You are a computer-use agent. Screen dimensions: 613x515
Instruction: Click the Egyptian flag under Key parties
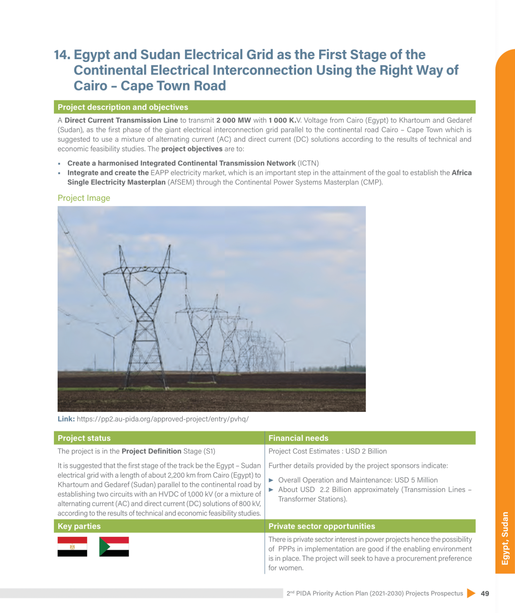[x=72, y=547]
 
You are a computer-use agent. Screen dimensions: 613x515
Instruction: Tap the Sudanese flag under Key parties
[x=114, y=547]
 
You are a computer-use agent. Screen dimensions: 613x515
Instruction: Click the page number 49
[x=485, y=593]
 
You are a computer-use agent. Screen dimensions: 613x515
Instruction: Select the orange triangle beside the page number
[x=471, y=593]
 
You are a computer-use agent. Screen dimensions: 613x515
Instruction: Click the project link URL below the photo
[x=163, y=419]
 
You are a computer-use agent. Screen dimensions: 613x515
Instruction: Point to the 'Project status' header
[x=84, y=438]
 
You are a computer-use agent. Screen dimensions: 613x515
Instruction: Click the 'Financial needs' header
[x=299, y=438]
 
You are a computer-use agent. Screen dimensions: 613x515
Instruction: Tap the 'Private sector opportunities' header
[x=322, y=526]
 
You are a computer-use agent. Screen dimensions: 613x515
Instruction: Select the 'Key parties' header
[x=79, y=526]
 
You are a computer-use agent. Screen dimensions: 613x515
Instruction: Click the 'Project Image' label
[x=84, y=198]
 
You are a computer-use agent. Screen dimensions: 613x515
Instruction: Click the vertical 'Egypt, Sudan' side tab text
[x=505, y=538]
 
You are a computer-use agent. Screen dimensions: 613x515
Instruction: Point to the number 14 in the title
[x=62, y=55]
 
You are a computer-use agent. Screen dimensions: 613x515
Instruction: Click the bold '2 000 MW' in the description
[x=234, y=120]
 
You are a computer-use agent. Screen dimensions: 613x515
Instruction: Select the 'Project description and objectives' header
[x=123, y=107]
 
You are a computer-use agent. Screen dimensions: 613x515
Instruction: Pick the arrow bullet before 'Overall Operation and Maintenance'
[x=271, y=480]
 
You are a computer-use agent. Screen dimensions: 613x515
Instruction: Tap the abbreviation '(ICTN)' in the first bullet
[x=309, y=163]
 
